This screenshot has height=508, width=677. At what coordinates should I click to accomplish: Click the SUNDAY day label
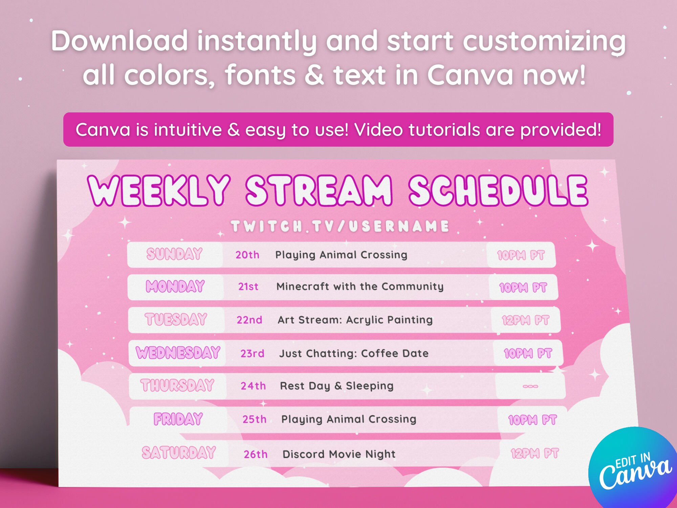coord(174,254)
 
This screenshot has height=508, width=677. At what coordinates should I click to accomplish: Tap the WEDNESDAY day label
coord(178,353)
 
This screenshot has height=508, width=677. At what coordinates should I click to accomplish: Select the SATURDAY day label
coord(179,453)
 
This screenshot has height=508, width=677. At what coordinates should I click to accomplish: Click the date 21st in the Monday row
coord(248,287)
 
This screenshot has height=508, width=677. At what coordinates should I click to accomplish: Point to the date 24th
coord(253,386)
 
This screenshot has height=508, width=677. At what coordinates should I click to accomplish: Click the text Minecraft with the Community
coord(360,287)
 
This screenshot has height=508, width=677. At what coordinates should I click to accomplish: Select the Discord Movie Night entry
coord(339,454)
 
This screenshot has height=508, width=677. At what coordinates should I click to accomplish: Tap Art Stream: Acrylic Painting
coord(355,320)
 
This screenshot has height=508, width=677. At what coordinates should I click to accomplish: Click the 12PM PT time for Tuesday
coord(525,320)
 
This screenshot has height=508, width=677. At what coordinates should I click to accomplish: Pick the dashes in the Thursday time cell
coord(530,386)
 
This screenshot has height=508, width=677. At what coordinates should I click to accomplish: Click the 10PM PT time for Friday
coord(532,420)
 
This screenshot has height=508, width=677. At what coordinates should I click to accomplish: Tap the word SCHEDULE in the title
coord(498,191)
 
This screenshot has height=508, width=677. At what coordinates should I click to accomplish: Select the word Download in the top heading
coord(119,41)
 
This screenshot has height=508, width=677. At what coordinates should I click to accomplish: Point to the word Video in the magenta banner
coord(379,130)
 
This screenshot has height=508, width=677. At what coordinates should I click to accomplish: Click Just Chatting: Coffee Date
coord(354,354)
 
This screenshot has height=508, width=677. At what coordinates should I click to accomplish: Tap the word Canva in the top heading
coord(471,75)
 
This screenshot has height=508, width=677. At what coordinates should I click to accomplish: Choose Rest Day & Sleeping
coord(336,386)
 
